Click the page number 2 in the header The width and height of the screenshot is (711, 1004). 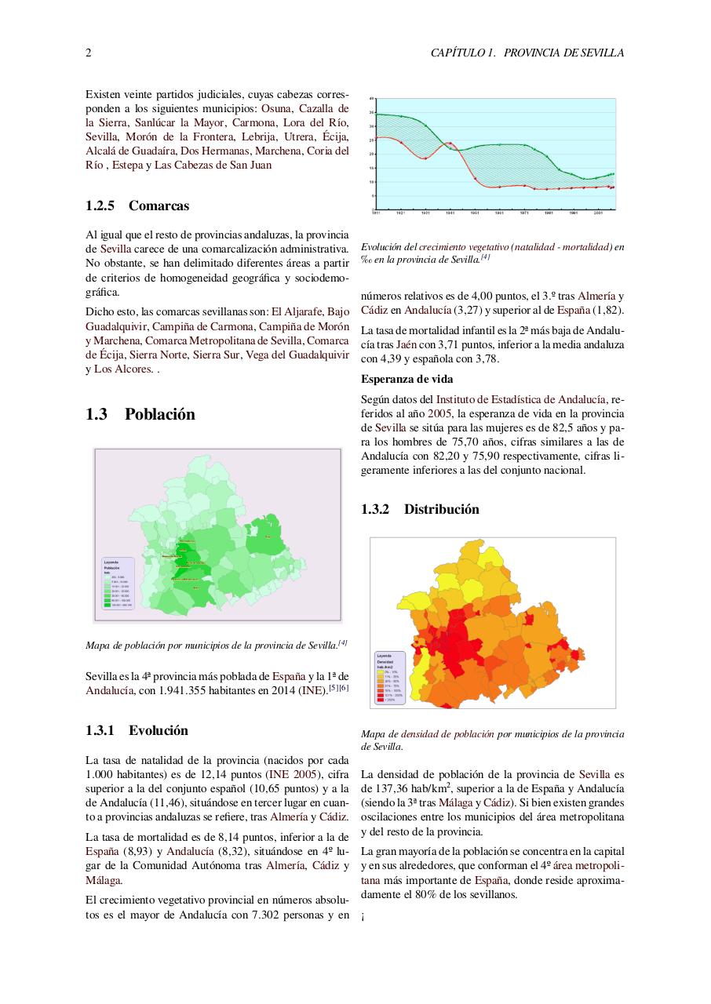pos(89,53)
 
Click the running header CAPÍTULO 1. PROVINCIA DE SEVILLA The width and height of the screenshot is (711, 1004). pos(527,53)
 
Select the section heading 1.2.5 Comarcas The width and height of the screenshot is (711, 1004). pos(137,206)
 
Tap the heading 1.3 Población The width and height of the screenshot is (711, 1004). pos(140,414)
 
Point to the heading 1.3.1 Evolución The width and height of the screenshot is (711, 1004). pos(137,730)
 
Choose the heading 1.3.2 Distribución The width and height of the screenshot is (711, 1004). pos(420,509)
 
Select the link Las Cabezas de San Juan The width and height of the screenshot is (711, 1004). pos(213,165)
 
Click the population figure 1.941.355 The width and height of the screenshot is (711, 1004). pos(182,690)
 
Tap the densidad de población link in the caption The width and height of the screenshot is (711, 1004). pos(447,734)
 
